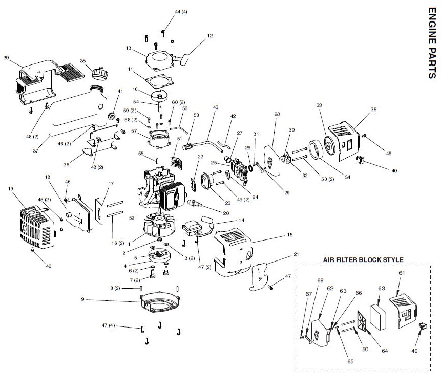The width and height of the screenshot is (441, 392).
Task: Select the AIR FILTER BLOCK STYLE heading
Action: click(x=363, y=259)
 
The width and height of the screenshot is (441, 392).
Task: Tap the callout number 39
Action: click(x=6, y=57)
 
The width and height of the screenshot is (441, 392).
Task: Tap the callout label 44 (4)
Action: click(x=166, y=11)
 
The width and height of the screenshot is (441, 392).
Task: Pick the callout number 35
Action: click(x=373, y=109)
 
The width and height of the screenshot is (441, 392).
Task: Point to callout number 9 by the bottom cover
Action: click(x=82, y=299)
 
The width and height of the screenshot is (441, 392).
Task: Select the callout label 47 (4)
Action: click(x=109, y=325)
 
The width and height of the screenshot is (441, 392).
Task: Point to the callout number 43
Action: click(x=215, y=107)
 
